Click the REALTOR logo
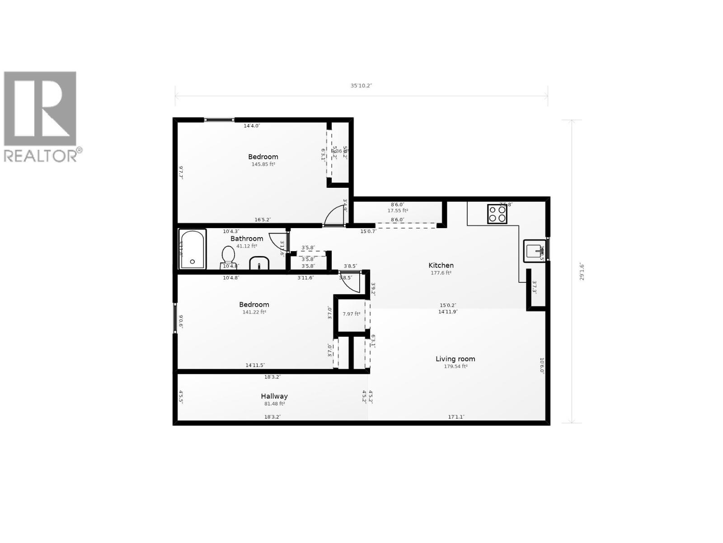point(41,116)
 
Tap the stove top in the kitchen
point(497,214)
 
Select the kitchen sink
point(535,250)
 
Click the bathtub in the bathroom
point(192,249)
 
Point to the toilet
point(228,256)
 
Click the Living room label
point(455,359)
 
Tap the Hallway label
point(274,396)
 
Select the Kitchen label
point(441,266)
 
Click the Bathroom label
point(247,238)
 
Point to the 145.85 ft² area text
point(263,164)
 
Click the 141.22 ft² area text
point(254,312)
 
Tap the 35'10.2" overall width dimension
point(361,86)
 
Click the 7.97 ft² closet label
point(351,314)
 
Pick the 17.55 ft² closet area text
point(398,210)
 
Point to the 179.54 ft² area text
point(455,367)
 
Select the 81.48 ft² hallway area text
point(274,404)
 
